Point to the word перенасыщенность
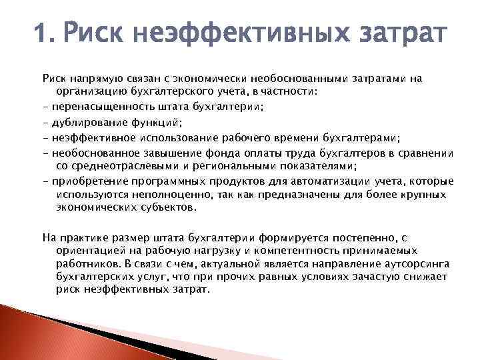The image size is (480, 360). click(x=98, y=107)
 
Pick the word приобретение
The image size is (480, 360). click(x=86, y=181)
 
